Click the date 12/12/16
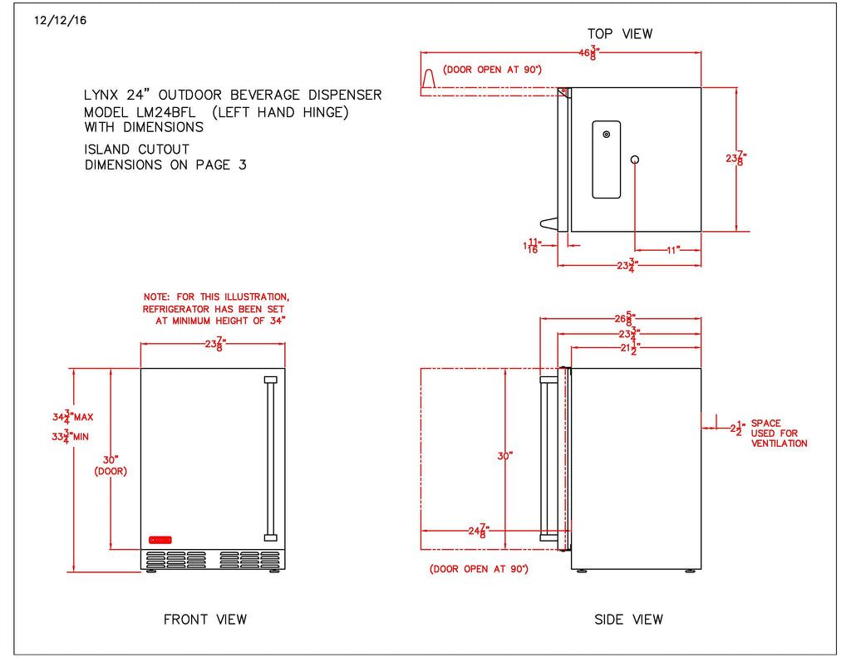(61, 20)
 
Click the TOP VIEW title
(620, 34)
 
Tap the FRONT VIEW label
(205, 619)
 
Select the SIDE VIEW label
(629, 619)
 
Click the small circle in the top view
(635, 159)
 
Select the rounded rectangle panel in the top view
(606, 159)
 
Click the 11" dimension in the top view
(672, 248)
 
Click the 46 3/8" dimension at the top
(589, 54)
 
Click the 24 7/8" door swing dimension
(477, 529)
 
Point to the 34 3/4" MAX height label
(72, 417)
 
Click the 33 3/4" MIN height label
(71, 436)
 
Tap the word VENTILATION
(779, 444)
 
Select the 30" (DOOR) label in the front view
(111, 464)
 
